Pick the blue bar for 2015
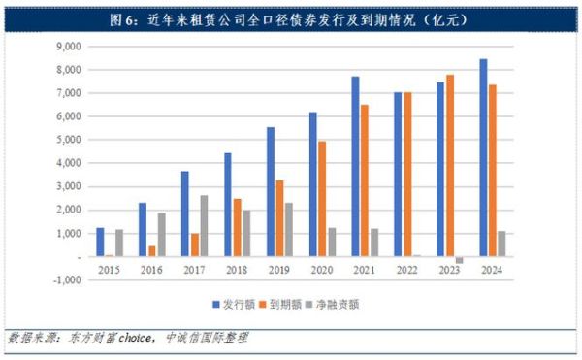tap(100, 243)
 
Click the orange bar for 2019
tap(279, 218)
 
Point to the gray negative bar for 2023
tap(459, 261)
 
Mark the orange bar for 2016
tap(151, 251)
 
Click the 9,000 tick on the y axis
tap(67, 47)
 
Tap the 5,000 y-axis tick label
tap(67, 140)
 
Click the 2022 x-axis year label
tap(406, 271)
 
